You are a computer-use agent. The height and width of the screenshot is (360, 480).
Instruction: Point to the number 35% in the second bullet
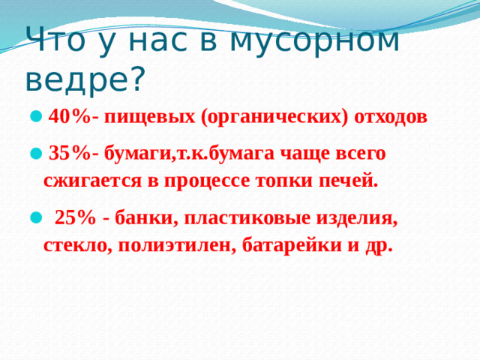70,154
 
